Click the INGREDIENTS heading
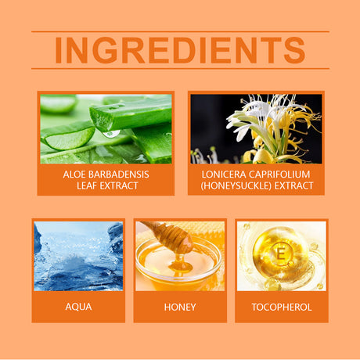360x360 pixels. (180, 50)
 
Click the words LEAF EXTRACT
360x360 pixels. (107, 185)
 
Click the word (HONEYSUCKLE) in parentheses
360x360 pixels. (236, 185)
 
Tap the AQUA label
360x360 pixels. (78, 307)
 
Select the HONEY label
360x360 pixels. (180, 307)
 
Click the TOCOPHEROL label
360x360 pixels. (282, 307)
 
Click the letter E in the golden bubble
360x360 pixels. (281, 253)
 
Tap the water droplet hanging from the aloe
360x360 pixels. (112, 134)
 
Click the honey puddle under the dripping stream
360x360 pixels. (181, 267)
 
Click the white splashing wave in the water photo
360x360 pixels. (78, 261)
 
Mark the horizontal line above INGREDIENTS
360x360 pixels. (180, 31)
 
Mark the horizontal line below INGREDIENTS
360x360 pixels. (180, 69)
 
